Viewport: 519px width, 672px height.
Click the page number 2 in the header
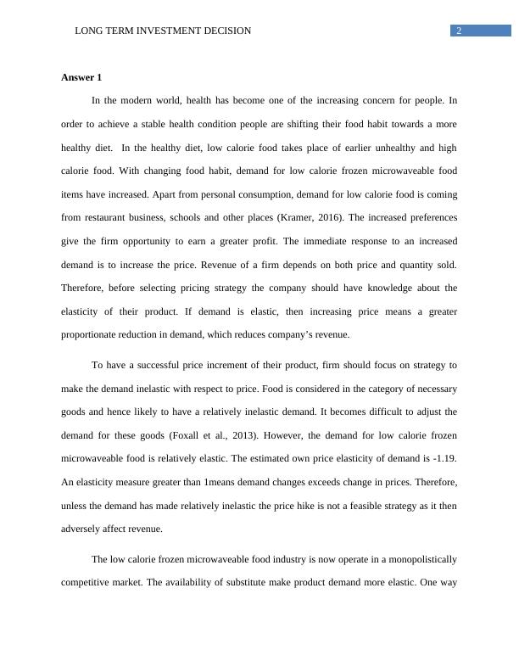tap(459, 31)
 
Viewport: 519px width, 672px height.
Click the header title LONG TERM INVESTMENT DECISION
tap(163, 31)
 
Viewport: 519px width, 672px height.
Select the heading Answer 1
tap(81, 77)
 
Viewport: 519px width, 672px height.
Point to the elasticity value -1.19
tap(443, 458)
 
